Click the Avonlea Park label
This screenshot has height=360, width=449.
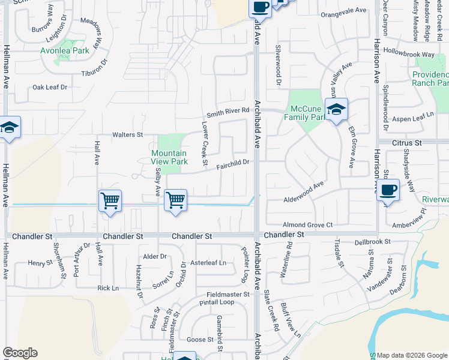pos(65,51)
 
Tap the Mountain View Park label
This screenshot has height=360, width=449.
pos(169,157)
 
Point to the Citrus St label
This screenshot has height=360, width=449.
pos(408,143)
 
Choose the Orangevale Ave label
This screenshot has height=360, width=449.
pos(343,11)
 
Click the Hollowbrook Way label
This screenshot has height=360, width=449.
pos(408,54)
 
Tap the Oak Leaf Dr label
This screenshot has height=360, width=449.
pos(50,87)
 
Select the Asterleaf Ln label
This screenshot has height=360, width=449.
pos(208,263)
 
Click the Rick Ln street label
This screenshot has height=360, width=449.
pos(108,288)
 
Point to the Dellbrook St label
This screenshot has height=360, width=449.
pos(372,242)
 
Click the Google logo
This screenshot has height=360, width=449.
pos(20,353)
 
